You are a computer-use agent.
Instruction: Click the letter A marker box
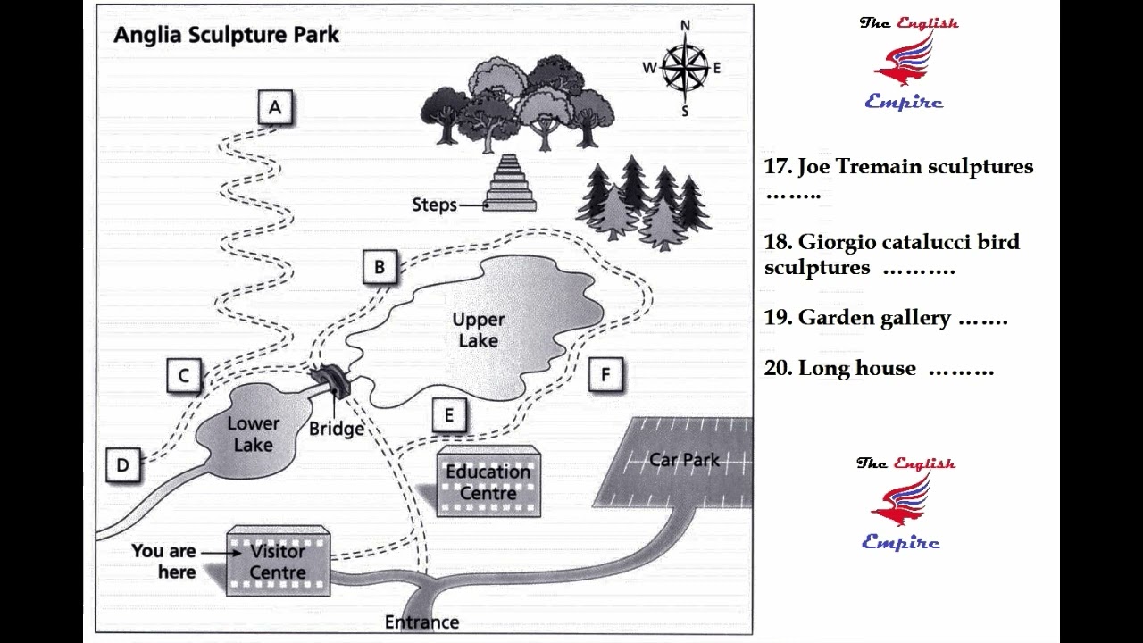(275, 107)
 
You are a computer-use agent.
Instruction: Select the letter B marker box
(380, 266)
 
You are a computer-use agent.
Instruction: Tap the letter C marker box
(184, 376)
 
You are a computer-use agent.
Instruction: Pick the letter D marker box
(123, 465)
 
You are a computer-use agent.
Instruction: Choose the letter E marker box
(449, 415)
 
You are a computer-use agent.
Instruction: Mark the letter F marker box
(605, 374)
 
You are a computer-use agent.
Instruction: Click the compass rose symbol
(685, 67)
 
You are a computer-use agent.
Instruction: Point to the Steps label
(434, 205)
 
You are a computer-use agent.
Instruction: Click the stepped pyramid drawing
(509, 183)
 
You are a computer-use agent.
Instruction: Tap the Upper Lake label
(478, 330)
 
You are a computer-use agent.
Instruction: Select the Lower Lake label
(253, 434)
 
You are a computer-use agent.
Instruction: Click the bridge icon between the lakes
(332, 380)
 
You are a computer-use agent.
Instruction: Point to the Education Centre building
(488, 481)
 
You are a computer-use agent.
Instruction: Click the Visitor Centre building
(278, 561)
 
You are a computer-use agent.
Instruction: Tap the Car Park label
(684, 460)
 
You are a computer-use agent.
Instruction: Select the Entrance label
(422, 622)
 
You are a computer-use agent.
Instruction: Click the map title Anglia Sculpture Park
(226, 35)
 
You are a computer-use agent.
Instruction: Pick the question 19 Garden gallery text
(885, 317)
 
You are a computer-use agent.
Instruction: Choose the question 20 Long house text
(879, 368)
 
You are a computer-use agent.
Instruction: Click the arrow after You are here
(221, 553)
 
